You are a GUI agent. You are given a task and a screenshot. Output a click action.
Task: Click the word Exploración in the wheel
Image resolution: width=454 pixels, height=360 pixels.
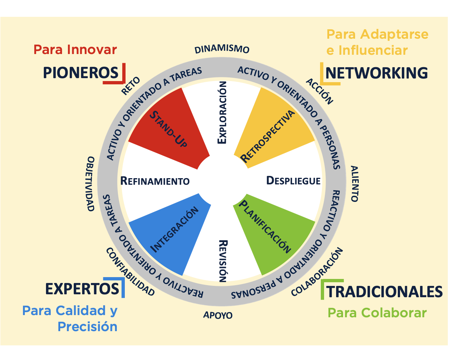click(x=222, y=112)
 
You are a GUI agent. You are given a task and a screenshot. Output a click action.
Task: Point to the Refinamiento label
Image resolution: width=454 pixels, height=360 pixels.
click(x=155, y=181)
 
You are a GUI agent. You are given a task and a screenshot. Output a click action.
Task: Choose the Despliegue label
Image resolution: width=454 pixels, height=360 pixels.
click(x=293, y=180)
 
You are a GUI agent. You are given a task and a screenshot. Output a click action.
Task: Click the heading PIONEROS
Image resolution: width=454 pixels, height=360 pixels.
click(x=81, y=73)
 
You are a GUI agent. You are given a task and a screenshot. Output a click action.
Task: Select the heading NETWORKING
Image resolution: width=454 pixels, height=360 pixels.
click(x=376, y=73)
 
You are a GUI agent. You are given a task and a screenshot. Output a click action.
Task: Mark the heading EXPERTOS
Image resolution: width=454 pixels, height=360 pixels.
click(x=82, y=289)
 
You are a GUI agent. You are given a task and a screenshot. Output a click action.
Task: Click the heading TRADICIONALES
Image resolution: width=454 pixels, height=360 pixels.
click(x=384, y=292)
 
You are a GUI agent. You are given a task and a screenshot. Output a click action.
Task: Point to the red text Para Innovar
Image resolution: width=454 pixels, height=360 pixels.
click(x=75, y=49)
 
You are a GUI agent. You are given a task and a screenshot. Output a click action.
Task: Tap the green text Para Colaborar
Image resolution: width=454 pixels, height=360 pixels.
click(x=377, y=313)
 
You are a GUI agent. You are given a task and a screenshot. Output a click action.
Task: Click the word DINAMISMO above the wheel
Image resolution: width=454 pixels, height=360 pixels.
click(x=222, y=49)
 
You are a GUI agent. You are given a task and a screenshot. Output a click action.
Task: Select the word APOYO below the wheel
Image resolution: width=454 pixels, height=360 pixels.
click(x=218, y=315)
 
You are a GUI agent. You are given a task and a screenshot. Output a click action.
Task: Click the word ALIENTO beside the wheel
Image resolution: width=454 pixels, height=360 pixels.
click(x=354, y=184)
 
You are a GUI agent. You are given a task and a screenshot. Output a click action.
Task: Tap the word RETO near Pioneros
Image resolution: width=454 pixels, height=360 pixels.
click(x=131, y=86)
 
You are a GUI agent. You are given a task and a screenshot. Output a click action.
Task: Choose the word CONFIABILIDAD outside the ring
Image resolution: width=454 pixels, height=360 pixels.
click(x=130, y=272)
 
